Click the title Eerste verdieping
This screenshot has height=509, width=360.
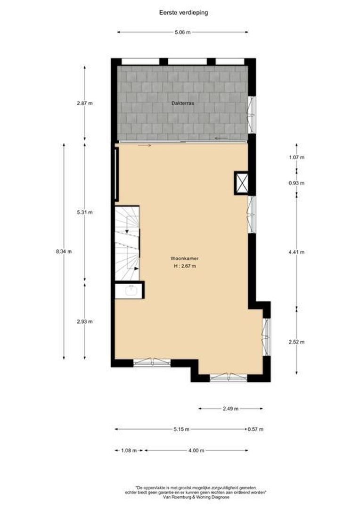183,13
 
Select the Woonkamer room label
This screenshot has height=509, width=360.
183,258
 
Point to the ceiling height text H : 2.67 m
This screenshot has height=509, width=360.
183,266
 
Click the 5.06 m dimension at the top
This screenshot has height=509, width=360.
183,33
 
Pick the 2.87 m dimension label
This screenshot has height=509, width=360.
85,103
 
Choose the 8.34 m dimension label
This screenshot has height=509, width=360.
64,251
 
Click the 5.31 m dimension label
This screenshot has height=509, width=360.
85,212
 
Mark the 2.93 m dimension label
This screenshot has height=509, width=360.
85,321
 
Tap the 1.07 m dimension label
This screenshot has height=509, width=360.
296,157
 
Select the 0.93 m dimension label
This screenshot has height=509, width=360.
296,183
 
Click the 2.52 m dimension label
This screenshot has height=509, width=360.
296,342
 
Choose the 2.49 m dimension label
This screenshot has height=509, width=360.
230,409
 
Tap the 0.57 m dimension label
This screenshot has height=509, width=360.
255,429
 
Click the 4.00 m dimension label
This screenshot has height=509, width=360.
196,451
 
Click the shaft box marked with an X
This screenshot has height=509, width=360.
242,183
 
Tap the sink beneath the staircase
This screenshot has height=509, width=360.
130,291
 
